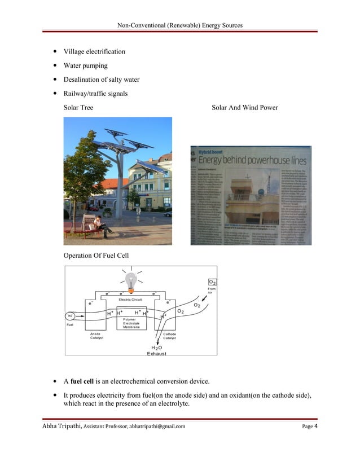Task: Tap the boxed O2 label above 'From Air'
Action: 213,282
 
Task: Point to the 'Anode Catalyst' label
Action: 95,336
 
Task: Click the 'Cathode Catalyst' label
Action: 170,336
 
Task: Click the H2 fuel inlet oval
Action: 71,315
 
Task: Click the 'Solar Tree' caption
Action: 78,107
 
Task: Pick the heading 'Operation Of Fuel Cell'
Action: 96,256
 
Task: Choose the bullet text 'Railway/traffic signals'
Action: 95,93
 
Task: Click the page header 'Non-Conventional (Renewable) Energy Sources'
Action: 180,25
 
